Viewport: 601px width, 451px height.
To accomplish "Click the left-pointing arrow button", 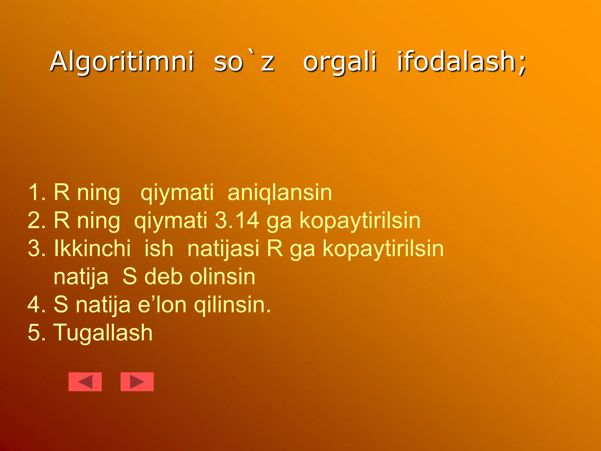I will coord(85,382).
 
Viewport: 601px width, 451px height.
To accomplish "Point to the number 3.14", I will coord(237,220).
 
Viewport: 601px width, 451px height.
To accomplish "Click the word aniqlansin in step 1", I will coord(280,193).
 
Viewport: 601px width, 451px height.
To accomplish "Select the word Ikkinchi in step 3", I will coord(92,248).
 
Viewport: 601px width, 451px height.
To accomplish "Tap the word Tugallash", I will coord(103,332).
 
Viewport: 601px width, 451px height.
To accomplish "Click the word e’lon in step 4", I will coord(162,304).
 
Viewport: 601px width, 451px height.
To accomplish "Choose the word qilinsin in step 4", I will coord(232,304).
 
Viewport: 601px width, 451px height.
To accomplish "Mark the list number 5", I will coord(36,332).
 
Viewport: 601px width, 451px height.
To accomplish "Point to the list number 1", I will coord(36,193).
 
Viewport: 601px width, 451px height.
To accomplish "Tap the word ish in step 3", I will coord(159,248).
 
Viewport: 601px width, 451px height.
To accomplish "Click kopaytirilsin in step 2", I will coord(360,220).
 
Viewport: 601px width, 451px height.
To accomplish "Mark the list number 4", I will coord(36,304).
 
